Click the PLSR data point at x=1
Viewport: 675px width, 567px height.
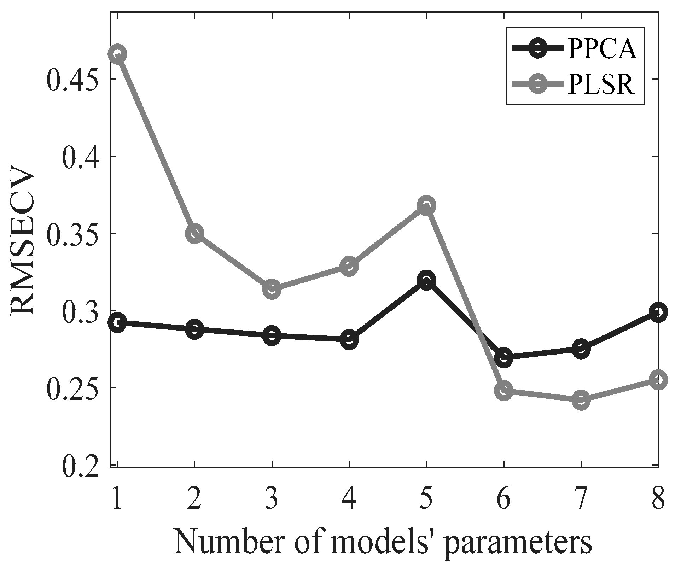coord(117,54)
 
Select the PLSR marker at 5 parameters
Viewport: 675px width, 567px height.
coord(426,205)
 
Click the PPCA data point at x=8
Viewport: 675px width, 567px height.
coord(658,312)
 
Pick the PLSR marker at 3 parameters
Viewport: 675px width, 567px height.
coord(272,289)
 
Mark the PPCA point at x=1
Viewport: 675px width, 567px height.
coord(117,322)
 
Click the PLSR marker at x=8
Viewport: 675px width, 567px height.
coord(658,380)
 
